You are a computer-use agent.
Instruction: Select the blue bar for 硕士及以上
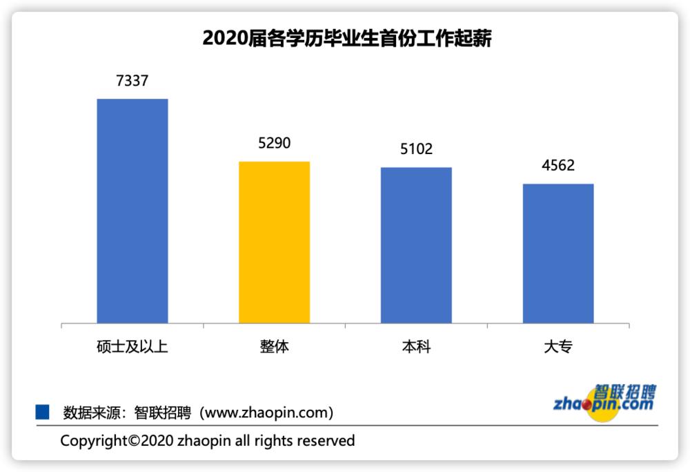[132, 211]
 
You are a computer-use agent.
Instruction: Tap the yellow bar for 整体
[274, 242]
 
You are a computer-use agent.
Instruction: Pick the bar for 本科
[416, 245]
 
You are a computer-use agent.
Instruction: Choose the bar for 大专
[558, 253]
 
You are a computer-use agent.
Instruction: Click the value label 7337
[132, 81]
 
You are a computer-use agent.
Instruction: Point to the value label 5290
[274, 143]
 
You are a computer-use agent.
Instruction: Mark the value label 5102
[416, 149]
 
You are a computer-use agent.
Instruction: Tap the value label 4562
[558, 166]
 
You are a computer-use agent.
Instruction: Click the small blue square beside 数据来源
[43, 413]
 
